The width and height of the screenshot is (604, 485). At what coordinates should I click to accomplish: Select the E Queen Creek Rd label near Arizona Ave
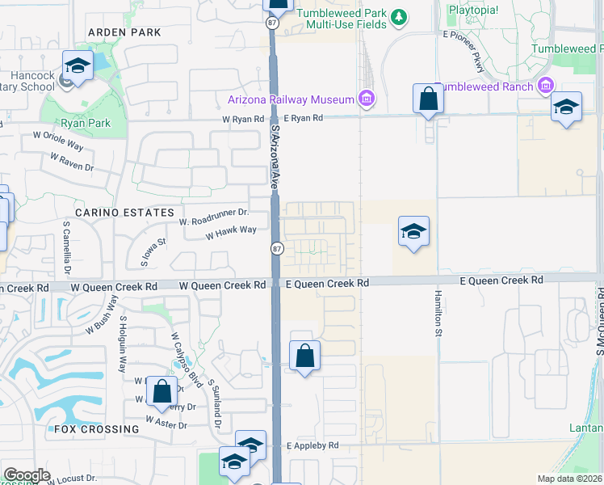click(x=328, y=284)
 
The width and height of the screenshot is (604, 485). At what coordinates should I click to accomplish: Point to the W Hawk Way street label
click(x=231, y=231)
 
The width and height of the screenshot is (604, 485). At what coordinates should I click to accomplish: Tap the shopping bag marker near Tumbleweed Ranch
click(x=428, y=100)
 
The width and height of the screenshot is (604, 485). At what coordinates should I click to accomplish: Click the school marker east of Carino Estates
click(x=413, y=232)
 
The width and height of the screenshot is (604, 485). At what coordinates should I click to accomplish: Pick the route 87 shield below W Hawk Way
click(x=276, y=248)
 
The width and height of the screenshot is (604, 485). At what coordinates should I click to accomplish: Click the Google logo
click(x=27, y=475)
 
